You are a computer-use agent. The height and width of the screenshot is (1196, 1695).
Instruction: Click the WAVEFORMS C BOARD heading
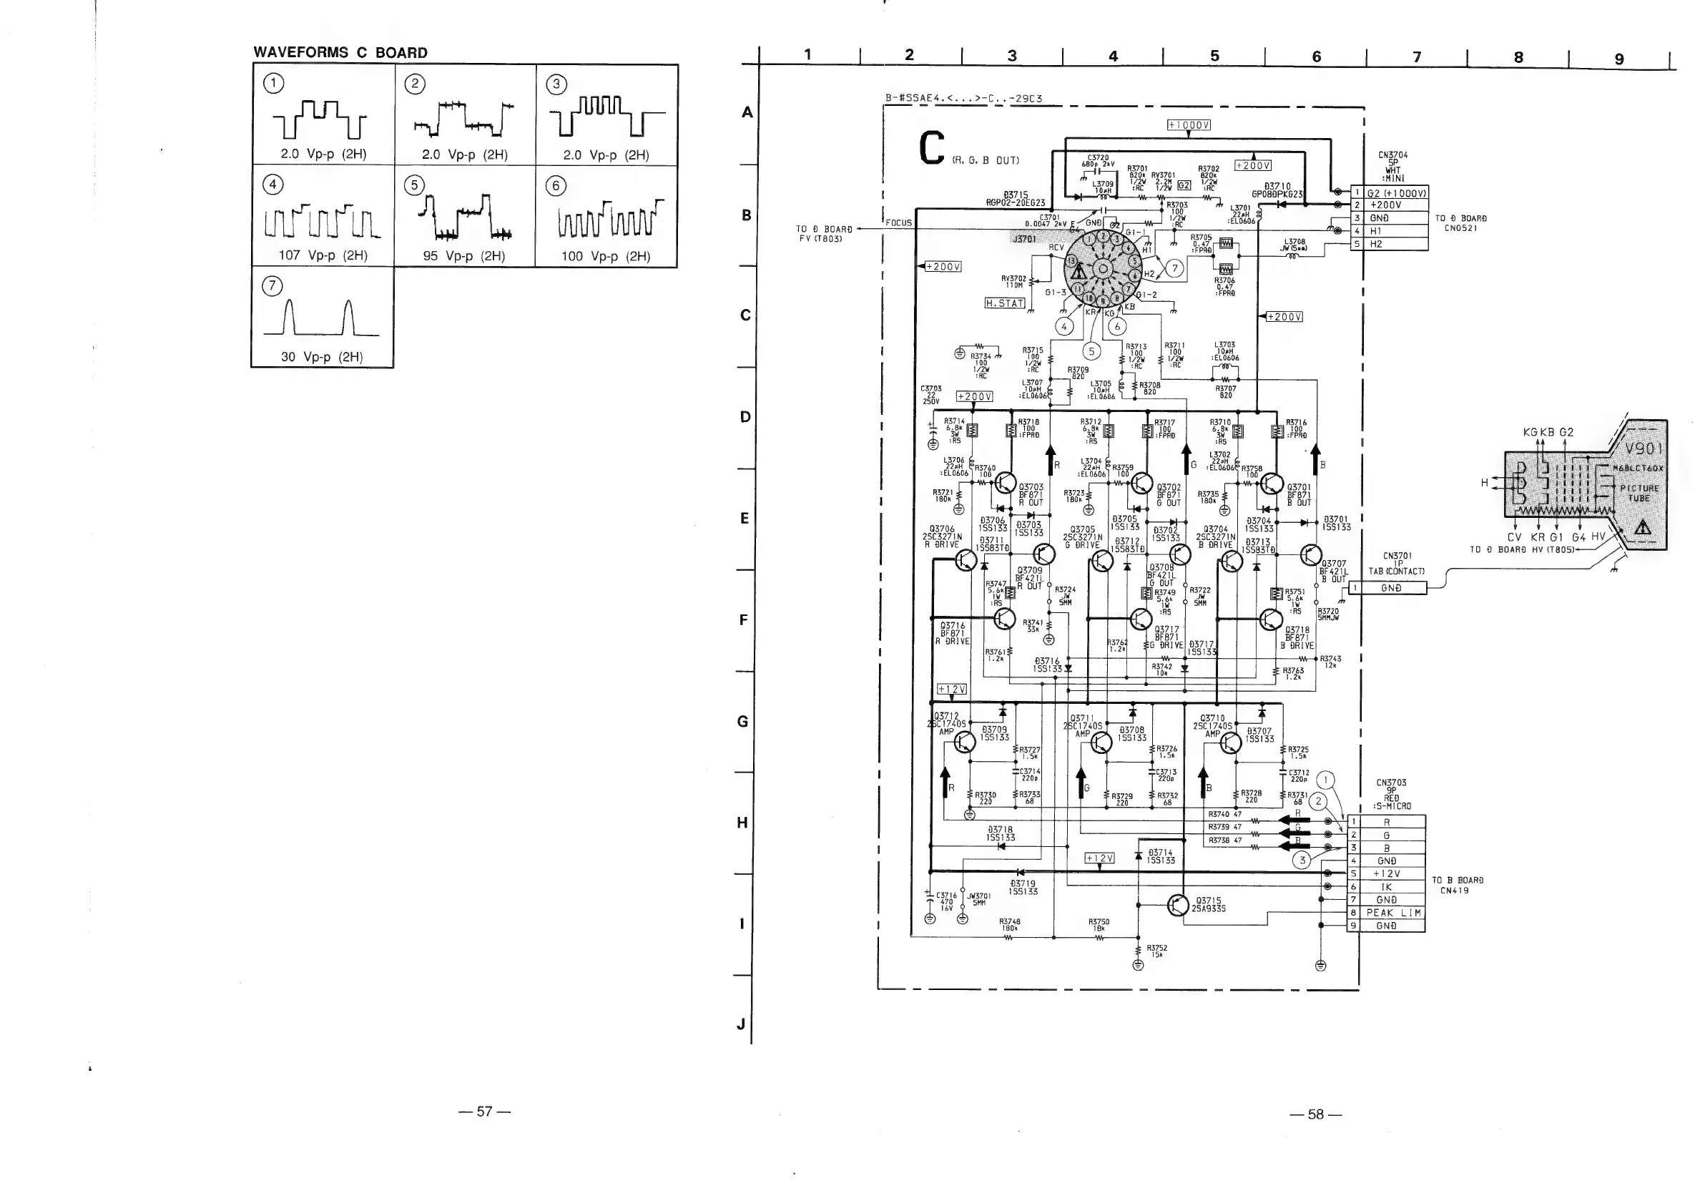(340, 52)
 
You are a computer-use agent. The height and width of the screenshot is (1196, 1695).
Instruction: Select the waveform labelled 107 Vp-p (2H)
(323, 222)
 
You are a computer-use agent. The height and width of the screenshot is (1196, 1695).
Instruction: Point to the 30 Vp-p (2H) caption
(322, 358)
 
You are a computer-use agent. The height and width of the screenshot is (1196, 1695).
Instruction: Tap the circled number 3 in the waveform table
(556, 84)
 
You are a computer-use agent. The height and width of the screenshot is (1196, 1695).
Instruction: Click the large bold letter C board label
(933, 147)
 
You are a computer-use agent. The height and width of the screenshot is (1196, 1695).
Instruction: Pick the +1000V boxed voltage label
(1189, 124)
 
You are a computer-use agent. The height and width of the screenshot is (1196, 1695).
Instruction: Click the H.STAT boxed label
(1005, 303)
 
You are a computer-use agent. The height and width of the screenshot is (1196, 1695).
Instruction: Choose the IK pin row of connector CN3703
(1387, 888)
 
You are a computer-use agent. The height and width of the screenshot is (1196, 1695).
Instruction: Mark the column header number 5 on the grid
(1214, 56)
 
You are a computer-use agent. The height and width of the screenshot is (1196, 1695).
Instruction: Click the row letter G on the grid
(743, 721)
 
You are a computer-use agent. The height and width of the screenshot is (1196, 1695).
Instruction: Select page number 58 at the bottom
(1315, 1114)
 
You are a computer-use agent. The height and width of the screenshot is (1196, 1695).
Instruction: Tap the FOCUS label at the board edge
(898, 222)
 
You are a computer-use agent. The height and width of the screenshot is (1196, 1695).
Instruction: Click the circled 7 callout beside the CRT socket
(1174, 269)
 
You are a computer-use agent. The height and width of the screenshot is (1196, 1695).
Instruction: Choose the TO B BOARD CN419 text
(1458, 885)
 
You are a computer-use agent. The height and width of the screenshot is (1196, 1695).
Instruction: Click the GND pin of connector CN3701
(1392, 589)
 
